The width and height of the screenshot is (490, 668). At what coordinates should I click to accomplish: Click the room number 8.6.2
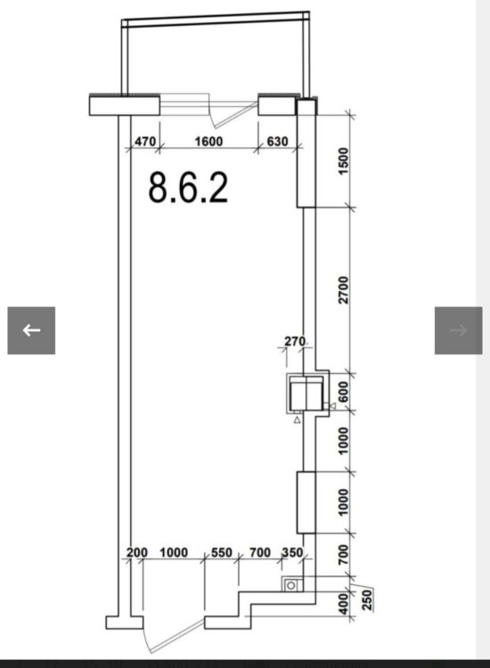188,187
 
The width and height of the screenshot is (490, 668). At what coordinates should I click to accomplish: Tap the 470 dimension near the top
145,141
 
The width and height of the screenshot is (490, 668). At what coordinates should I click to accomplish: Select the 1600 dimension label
208,141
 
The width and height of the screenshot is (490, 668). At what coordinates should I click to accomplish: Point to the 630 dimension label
277,141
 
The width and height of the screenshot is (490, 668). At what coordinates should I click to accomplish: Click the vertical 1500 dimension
343,160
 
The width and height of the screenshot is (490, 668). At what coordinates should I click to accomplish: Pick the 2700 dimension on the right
343,289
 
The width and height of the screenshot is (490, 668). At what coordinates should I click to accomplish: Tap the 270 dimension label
295,341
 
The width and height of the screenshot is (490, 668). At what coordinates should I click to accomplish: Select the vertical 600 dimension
343,392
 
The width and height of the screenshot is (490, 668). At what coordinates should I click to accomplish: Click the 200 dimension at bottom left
137,552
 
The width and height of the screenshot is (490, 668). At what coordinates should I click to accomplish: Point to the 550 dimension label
222,552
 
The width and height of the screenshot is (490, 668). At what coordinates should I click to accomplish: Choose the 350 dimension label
292,552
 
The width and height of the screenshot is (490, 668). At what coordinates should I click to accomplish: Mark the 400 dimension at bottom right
343,604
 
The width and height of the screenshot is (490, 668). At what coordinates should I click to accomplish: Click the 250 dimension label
366,599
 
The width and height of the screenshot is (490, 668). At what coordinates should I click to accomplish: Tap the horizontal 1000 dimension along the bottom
174,552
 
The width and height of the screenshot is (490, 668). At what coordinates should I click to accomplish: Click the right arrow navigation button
459,330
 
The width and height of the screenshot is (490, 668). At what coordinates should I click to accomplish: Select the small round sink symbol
291,586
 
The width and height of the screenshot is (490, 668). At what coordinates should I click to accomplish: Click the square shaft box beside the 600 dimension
306,394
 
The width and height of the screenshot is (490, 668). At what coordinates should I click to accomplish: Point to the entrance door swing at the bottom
174,636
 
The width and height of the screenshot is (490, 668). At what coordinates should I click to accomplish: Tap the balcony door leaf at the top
233,115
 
